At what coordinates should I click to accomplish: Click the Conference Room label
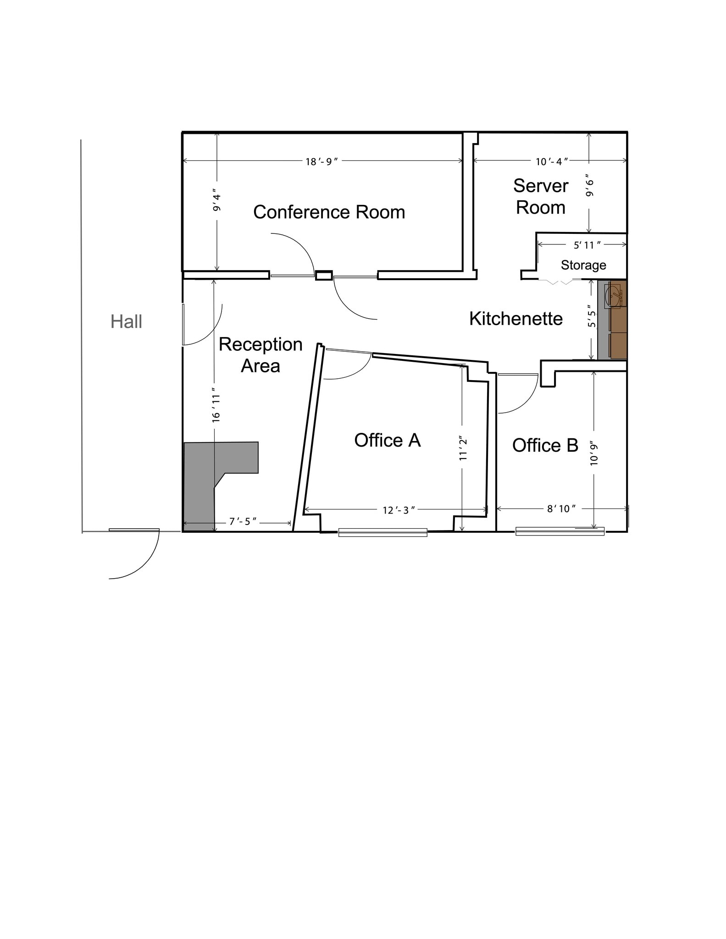click(329, 212)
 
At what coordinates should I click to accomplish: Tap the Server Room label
click(540, 197)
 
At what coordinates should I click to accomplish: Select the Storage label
click(583, 265)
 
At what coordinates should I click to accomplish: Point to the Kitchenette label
click(515, 319)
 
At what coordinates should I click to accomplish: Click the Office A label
click(387, 440)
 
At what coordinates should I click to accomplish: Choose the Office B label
click(545, 445)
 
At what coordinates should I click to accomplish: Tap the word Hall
click(126, 322)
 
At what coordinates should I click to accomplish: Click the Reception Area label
click(260, 355)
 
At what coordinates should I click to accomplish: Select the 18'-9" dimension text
click(321, 162)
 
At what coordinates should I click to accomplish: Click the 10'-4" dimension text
click(552, 162)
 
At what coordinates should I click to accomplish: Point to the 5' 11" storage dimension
click(587, 245)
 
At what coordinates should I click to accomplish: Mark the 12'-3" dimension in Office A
click(399, 510)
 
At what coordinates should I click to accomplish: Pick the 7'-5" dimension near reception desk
click(243, 522)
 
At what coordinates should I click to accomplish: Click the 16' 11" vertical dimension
click(216, 408)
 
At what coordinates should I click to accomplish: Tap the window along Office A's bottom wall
click(382, 532)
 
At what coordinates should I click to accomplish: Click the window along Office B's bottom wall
click(560, 531)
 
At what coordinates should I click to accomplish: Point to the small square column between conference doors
click(324, 276)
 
